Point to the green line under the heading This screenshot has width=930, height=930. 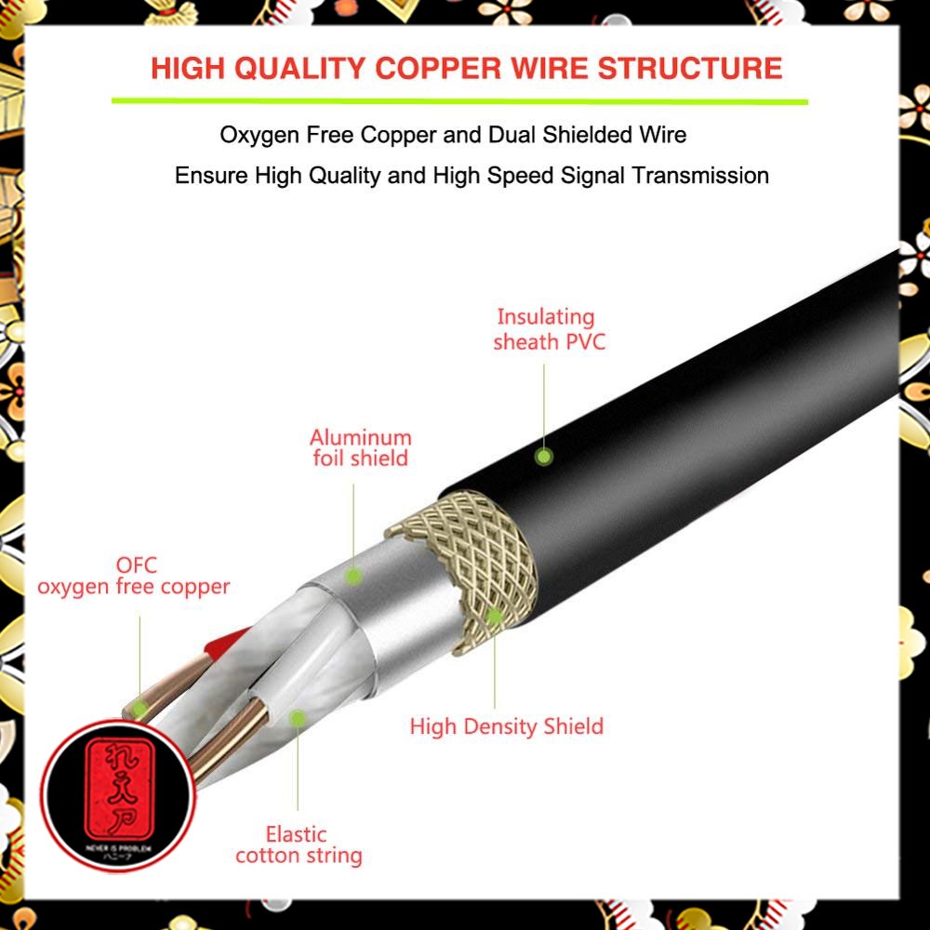pos(459,100)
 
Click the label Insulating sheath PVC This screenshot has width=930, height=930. pos(549,329)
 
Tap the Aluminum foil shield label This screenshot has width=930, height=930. pos(361,447)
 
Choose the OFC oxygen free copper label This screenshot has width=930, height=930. pos(134,576)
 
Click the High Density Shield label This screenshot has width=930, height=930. pos(507,726)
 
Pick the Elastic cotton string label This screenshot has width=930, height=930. pos(299,844)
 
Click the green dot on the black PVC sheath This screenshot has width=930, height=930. pos(544,456)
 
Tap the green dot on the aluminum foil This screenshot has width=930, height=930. pos(353,577)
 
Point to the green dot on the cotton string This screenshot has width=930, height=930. pos(298,718)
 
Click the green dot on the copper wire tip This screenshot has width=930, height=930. pos(139,709)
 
